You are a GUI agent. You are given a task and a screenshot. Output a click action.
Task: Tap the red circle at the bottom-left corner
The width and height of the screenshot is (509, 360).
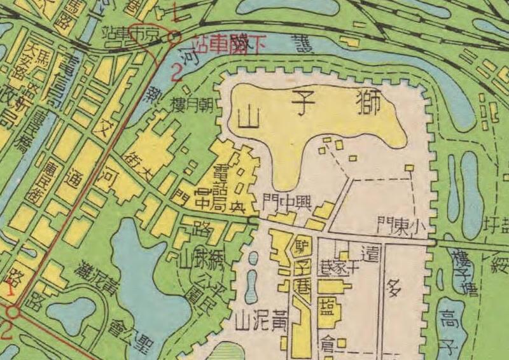click(12, 312)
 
